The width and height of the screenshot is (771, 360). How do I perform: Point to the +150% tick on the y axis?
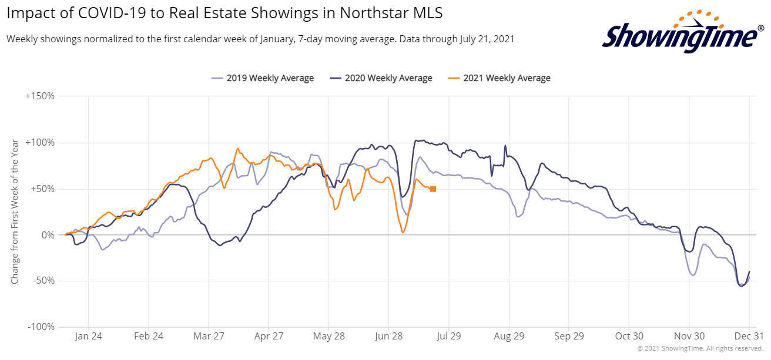pyautogui.click(x=40, y=96)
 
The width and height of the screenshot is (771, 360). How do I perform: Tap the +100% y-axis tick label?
pyautogui.click(x=40, y=143)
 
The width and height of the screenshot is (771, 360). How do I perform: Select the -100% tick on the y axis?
pyautogui.click(x=41, y=327)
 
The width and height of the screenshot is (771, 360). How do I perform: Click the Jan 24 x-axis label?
pyautogui.click(x=89, y=337)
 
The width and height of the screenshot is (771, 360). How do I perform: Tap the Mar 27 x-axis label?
pyautogui.click(x=209, y=337)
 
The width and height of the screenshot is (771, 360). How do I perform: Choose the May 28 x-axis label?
pyautogui.click(x=329, y=337)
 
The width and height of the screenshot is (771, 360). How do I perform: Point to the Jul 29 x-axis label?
pyautogui.click(x=449, y=337)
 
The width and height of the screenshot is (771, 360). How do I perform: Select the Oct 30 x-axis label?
pyautogui.click(x=629, y=337)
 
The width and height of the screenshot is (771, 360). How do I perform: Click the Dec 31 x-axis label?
pyautogui.click(x=749, y=337)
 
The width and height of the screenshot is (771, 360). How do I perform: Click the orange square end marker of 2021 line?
pyautogui.click(x=433, y=189)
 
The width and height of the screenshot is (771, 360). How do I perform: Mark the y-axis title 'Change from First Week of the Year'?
pyautogui.click(x=15, y=211)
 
